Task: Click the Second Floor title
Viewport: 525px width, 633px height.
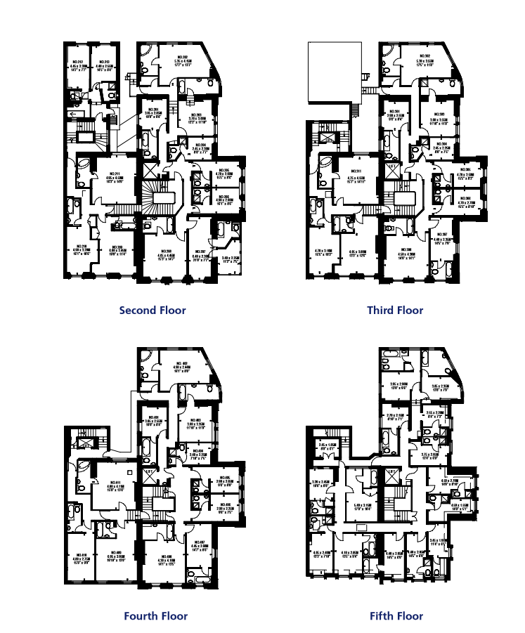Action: pyautogui.click(x=153, y=310)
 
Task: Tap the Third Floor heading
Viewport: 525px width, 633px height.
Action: pyautogui.click(x=395, y=310)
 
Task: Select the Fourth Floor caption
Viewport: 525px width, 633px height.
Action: pyautogui.click(x=155, y=616)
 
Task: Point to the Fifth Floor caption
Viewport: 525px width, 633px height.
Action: pyautogui.click(x=396, y=616)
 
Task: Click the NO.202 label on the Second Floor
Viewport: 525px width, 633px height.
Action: pyautogui.click(x=181, y=57)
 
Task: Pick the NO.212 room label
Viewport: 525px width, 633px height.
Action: pyautogui.click(x=78, y=61)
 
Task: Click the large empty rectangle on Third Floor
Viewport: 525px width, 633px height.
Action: pyautogui.click(x=335, y=67)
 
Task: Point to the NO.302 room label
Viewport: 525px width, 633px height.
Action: pyautogui.click(x=423, y=56)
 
